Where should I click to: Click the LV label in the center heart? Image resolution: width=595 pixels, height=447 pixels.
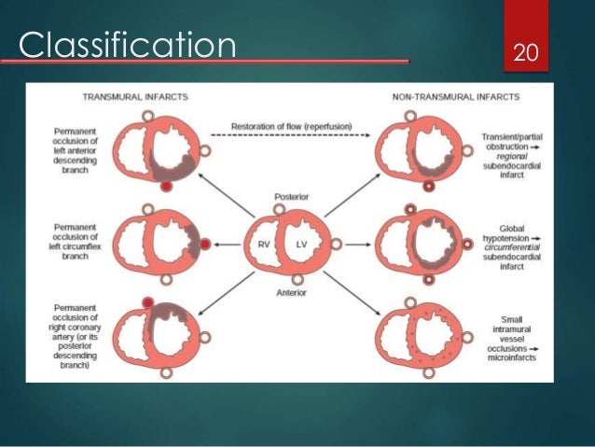[x=302, y=244]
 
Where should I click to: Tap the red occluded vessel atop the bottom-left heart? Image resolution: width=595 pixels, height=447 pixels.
[x=147, y=300]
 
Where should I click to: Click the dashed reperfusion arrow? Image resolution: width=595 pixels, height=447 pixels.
[x=290, y=135]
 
